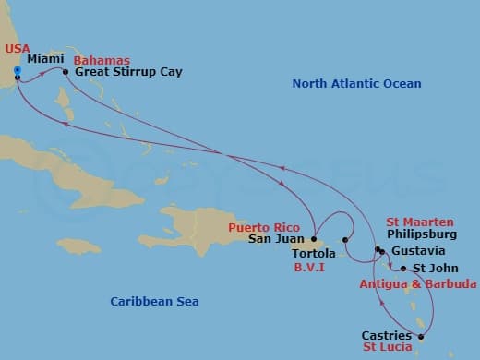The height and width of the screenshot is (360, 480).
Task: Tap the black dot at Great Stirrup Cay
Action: click(66, 71)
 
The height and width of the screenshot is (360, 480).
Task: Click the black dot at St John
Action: click(402, 270)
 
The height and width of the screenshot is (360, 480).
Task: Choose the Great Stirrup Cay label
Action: click(128, 71)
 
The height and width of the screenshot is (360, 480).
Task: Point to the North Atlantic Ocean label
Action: click(356, 84)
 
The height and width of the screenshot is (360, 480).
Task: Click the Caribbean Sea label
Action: click(154, 301)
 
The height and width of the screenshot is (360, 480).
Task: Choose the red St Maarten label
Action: click(419, 222)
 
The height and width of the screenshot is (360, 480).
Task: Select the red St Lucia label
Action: click(387, 348)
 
